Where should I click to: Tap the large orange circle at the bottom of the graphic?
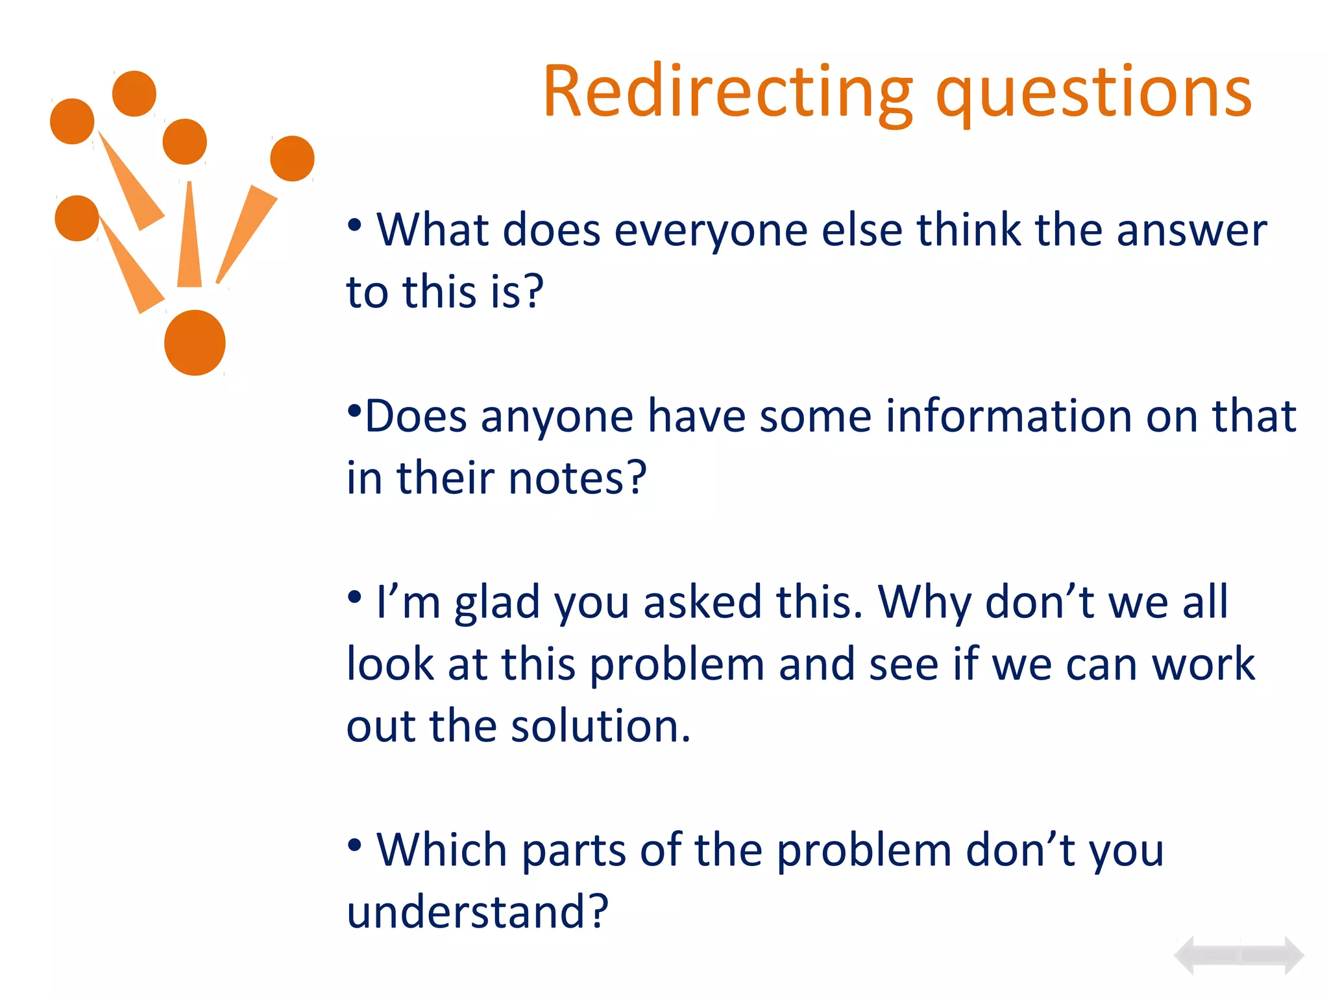[195, 343]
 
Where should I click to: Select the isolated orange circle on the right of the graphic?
[292, 158]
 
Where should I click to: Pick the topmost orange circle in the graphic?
[134, 93]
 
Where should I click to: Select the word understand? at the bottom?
[477, 912]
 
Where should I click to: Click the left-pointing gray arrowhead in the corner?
[1186, 955]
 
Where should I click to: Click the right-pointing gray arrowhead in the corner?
[1293, 955]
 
